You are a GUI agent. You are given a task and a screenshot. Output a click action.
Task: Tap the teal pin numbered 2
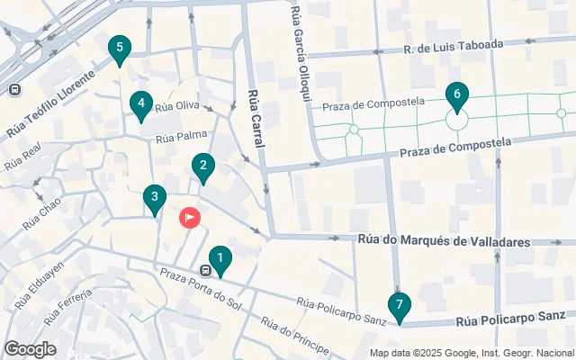[x=203, y=166]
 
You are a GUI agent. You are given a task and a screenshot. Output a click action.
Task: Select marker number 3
[x=155, y=198]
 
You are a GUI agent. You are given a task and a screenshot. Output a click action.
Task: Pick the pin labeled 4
[x=139, y=105]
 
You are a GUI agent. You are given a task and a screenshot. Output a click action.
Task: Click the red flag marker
[x=190, y=217]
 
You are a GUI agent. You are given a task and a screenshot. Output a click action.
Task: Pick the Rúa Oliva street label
[x=176, y=106]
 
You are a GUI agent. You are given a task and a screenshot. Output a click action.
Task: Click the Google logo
[x=30, y=348]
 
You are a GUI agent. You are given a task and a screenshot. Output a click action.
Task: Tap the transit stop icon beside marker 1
[x=206, y=270]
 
